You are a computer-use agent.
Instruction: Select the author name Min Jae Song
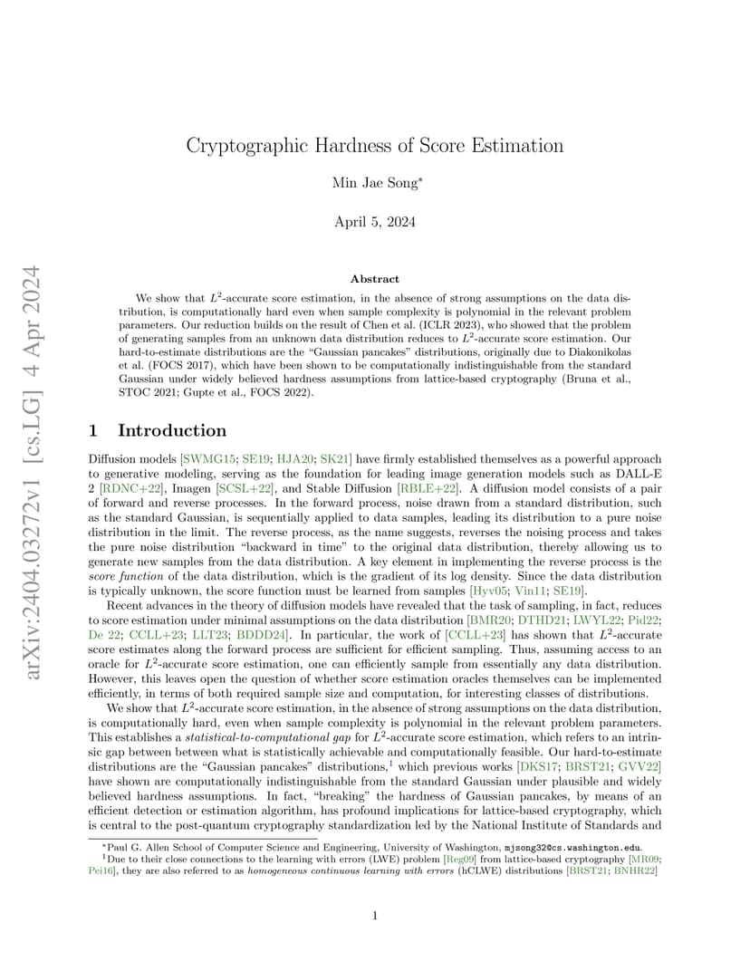[x=375, y=184]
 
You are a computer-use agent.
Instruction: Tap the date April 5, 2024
[x=375, y=223]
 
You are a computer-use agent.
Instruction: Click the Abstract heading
[x=375, y=279]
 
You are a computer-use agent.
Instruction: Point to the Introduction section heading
[x=172, y=430]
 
